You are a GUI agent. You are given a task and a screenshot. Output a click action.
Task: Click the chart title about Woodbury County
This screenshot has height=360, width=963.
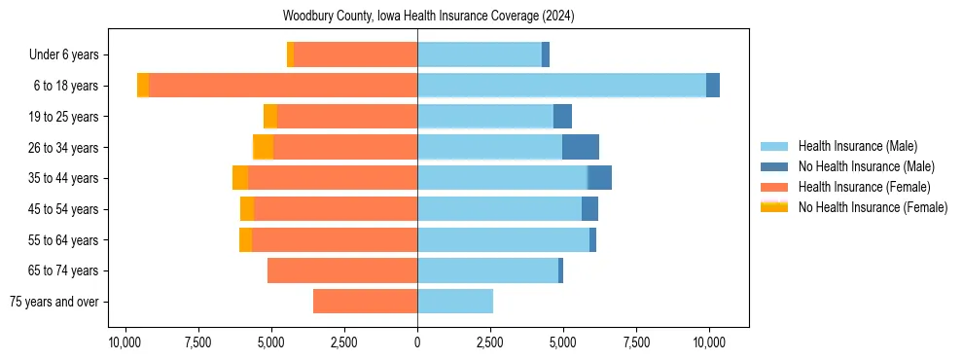tap(429, 17)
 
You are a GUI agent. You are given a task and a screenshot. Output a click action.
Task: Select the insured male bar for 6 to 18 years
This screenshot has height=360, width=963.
tap(561, 86)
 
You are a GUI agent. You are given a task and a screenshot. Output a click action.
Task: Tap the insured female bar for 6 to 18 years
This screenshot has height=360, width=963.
tap(283, 86)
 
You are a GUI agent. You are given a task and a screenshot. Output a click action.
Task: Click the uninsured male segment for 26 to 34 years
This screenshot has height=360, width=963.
tap(581, 147)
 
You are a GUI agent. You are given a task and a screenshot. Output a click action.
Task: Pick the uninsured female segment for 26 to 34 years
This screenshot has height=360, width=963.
tap(264, 147)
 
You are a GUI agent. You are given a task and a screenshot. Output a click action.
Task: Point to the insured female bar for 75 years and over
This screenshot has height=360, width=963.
tap(365, 302)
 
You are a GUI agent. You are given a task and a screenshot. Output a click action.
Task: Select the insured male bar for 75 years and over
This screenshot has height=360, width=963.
tap(455, 302)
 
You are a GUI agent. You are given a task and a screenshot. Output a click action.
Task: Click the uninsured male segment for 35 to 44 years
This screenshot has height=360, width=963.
tap(600, 178)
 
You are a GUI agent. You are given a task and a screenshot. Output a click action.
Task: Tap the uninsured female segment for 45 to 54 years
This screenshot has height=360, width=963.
tap(247, 209)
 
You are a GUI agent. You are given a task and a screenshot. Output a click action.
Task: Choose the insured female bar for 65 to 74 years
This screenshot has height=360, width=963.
tap(342, 270)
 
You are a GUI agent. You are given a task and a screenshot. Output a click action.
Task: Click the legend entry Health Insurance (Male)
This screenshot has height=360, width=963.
tap(856, 146)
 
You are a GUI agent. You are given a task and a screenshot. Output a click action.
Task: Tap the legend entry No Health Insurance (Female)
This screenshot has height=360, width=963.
tap(871, 207)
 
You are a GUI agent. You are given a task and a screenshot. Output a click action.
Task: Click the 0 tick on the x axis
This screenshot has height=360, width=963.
tap(417, 342)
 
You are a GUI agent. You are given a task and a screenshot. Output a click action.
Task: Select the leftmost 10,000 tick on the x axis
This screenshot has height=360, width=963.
tap(125, 342)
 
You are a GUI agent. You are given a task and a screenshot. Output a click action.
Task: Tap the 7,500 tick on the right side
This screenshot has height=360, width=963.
tap(636, 342)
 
